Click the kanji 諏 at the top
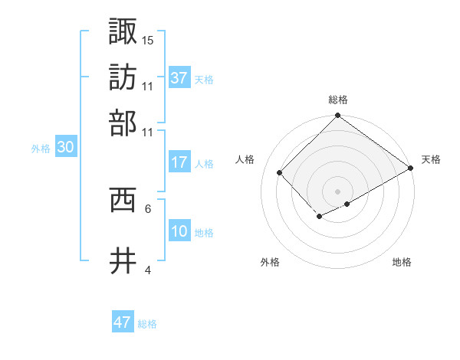click(123, 31)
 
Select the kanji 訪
click(123, 77)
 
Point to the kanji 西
click(123, 200)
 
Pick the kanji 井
click(123, 261)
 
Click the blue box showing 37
click(179, 78)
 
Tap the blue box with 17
click(179, 162)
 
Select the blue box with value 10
click(179, 231)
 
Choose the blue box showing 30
click(65, 149)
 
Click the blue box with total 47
click(123, 322)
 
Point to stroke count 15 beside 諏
click(148, 39)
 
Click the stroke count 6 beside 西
click(147, 208)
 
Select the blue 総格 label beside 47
click(147, 324)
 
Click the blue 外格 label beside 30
click(41, 149)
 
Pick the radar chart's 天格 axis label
click(431, 159)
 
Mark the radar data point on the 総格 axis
click(337, 116)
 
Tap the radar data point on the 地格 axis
click(347, 204)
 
